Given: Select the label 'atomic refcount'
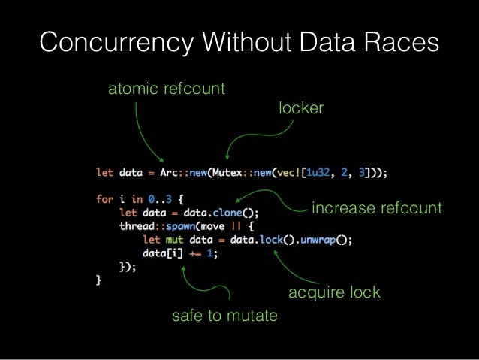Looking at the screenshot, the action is tap(167, 89).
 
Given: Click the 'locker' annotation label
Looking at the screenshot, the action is tap(300, 109).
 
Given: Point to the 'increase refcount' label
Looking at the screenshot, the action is tap(376, 208).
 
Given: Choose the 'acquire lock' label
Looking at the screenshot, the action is tap(334, 292).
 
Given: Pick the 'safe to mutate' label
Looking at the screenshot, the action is tap(224, 316).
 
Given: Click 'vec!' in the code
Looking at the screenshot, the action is tap(291, 173).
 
